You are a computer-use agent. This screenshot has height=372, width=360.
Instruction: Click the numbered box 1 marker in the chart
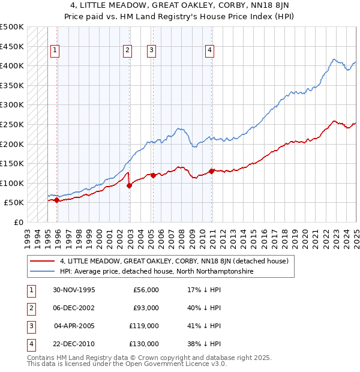(55, 50)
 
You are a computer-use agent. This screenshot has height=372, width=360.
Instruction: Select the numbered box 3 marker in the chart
(151, 50)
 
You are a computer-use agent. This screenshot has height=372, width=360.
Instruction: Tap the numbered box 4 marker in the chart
(210, 50)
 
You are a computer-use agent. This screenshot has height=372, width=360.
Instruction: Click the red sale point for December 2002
(130, 185)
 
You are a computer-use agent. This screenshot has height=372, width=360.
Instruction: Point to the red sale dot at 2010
(212, 170)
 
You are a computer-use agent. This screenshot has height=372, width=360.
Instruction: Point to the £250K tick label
(12, 124)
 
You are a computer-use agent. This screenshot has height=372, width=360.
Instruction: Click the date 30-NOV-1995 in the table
(74, 290)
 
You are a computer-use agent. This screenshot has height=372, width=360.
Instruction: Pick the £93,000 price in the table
(146, 308)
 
